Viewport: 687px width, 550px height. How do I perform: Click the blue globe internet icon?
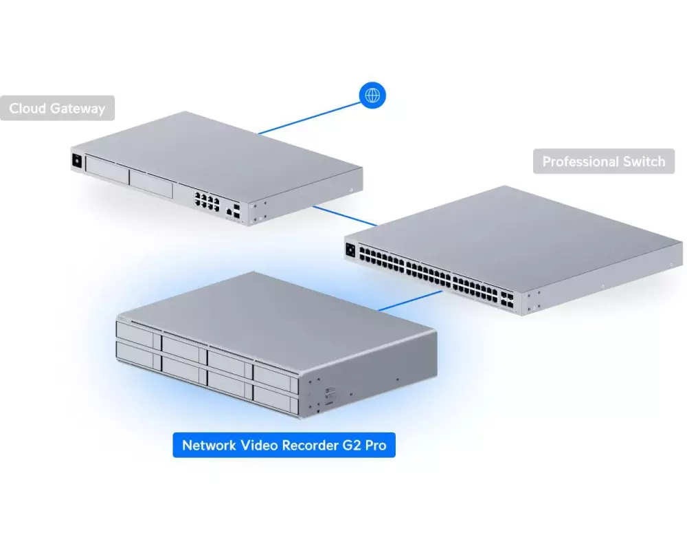(x=372, y=95)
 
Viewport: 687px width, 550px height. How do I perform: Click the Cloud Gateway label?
(x=57, y=108)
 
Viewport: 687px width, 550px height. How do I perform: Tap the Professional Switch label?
(x=604, y=162)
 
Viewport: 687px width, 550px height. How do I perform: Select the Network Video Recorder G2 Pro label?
(x=284, y=445)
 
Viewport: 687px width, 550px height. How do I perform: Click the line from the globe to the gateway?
(x=309, y=118)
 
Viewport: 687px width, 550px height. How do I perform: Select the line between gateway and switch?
(x=346, y=217)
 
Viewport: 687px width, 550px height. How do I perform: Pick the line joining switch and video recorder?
(x=409, y=301)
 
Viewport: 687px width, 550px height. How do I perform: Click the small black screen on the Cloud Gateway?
(x=77, y=162)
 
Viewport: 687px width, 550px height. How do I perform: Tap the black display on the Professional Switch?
(x=350, y=250)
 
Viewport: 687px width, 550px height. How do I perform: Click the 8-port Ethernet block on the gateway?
(x=207, y=201)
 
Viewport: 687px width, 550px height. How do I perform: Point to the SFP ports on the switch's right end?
(x=507, y=300)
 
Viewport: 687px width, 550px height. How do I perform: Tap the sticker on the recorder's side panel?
(x=330, y=392)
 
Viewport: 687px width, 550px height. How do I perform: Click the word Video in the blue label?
(x=260, y=445)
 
